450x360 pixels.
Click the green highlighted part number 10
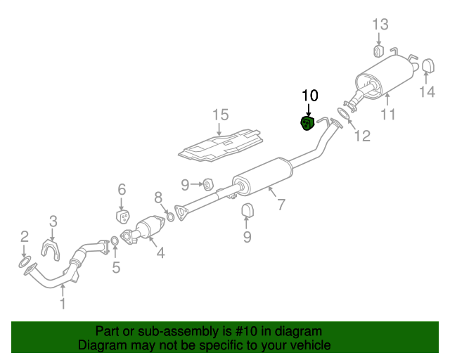307,124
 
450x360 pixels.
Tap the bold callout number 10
310,96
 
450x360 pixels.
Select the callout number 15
220,115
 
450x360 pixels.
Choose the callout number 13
380,25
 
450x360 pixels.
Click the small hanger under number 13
378,51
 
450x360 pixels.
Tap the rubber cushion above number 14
429,65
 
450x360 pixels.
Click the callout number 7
281,205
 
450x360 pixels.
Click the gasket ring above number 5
114,241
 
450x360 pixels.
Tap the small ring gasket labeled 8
170,217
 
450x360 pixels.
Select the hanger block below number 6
123,217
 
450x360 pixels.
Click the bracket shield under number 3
51,249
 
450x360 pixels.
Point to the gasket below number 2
24,263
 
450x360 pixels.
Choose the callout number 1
63,304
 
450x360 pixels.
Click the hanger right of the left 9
208,184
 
